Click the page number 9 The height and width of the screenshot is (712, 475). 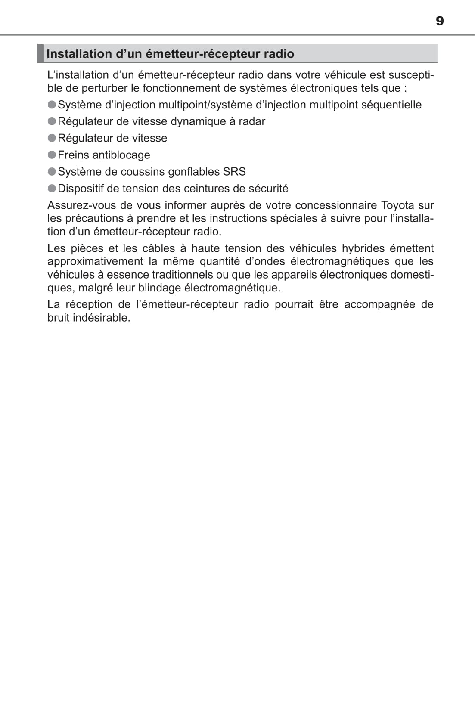(x=439, y=21)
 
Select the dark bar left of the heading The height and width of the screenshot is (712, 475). (x=40, y=53)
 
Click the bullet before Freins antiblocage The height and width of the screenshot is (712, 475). (x=52, y=155)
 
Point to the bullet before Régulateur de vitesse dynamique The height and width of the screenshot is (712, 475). (x=52, y=121)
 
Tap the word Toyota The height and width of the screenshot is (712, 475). (x=397, y=205)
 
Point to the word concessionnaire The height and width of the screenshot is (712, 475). (x=336, y=205)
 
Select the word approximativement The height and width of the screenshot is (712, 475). (x=95, y=261)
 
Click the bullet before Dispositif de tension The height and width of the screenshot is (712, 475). (x=52, y=188)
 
